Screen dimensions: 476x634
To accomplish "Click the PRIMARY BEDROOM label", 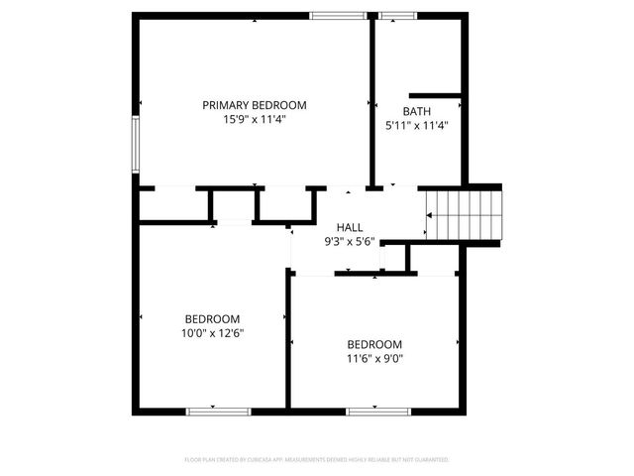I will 255,105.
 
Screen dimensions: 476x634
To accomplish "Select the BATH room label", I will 416,112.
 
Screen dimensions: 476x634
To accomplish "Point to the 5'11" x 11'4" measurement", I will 416,126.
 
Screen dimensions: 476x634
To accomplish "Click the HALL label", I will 350,227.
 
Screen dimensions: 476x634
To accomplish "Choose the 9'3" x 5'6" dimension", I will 350,241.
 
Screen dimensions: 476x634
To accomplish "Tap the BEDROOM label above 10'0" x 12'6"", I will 212,319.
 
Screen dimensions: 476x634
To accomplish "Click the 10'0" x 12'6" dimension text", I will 212,333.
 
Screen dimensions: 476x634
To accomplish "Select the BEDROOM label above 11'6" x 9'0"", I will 374,344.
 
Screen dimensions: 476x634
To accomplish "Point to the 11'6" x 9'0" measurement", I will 374,359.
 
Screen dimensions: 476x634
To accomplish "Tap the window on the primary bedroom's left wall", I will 136,145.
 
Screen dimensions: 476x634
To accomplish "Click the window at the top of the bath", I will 397,15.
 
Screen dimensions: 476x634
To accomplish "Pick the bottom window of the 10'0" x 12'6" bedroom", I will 218,410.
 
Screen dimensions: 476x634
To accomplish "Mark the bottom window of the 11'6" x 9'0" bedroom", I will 375,410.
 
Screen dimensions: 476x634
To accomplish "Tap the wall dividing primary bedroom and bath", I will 372,99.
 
